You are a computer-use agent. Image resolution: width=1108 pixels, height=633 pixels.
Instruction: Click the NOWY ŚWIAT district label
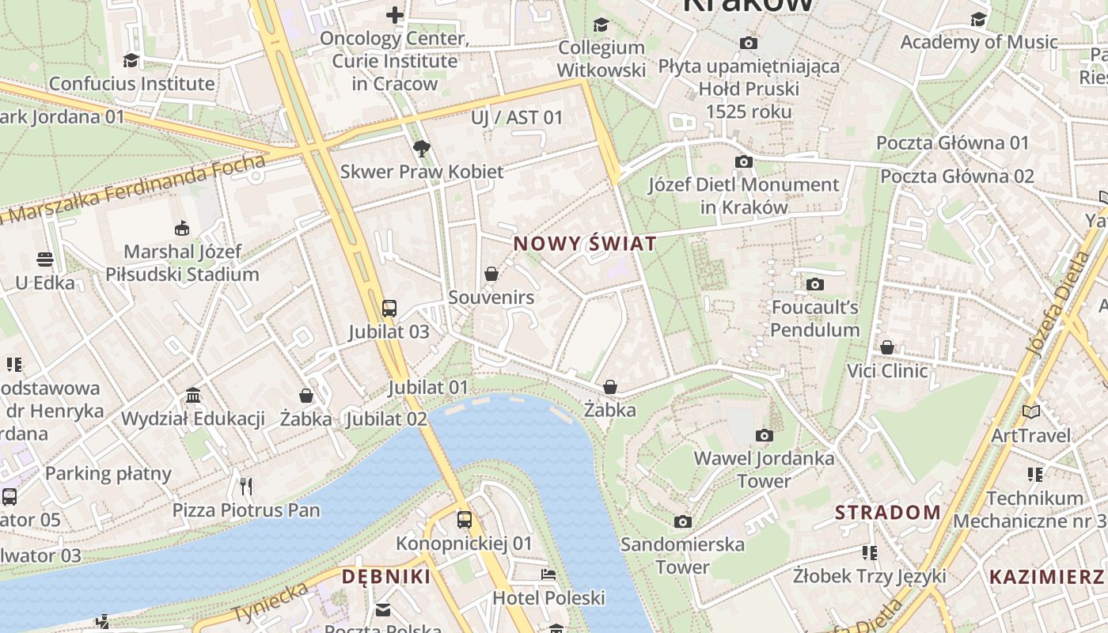[585, 244]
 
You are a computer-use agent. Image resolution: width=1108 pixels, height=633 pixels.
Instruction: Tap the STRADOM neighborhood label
[888, 513]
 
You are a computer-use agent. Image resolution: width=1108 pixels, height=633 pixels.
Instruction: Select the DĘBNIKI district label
[386, 577]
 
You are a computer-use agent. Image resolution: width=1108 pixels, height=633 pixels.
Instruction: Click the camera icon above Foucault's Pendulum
[815, 284]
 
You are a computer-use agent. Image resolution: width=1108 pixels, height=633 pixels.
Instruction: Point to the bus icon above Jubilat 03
[389, 308]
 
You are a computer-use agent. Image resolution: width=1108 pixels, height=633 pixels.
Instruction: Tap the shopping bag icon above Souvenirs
[491, 274]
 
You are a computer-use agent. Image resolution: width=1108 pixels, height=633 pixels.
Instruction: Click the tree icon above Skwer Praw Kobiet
[422, 148]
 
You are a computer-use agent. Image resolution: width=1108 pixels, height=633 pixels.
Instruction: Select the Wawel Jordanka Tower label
[764, 469]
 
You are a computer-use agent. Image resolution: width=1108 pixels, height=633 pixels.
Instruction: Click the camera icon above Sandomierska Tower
[683, 521]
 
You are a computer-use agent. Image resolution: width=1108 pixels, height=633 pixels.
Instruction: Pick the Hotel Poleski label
[548, 597]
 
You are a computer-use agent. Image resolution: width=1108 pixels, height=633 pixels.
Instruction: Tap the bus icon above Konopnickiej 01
[465, 520]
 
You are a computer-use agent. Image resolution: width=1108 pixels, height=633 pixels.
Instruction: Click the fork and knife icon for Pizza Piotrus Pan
[246, 486]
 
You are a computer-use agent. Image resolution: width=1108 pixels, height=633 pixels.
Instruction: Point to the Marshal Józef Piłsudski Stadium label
[182, 263]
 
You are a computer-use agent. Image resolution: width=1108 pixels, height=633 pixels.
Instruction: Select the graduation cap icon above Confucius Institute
[131, 60]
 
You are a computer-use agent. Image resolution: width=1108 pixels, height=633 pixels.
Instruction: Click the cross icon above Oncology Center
[394, 14]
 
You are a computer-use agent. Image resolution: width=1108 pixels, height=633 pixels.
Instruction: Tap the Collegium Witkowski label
[601, 59]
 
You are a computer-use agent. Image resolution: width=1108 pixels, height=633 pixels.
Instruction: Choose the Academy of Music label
[979, 41]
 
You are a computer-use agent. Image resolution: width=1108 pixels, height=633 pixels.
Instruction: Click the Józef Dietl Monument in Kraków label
[744, 195]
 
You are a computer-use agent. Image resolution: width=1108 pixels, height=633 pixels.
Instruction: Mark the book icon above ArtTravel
[1030, 411]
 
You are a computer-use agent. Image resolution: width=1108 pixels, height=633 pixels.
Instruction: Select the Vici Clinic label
[887, 370]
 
